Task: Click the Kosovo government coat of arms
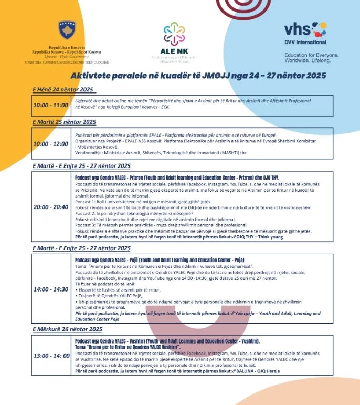click(x=67, y=31)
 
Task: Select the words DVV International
click(x=305, y=42)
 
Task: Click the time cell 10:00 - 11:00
click(x=51, y=105)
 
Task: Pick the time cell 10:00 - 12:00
click(x=51, y=143)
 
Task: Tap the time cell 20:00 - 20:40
click(x=51, y=207)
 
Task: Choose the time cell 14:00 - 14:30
click(x=51, y=289)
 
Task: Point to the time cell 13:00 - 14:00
click(x=51, y=356)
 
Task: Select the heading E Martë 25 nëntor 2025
click(x=64, y=122)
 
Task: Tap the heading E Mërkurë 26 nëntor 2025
click(x=67, y=329)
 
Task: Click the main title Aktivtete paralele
click(x=198, y=76)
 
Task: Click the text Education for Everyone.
click(x=311, y=55)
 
